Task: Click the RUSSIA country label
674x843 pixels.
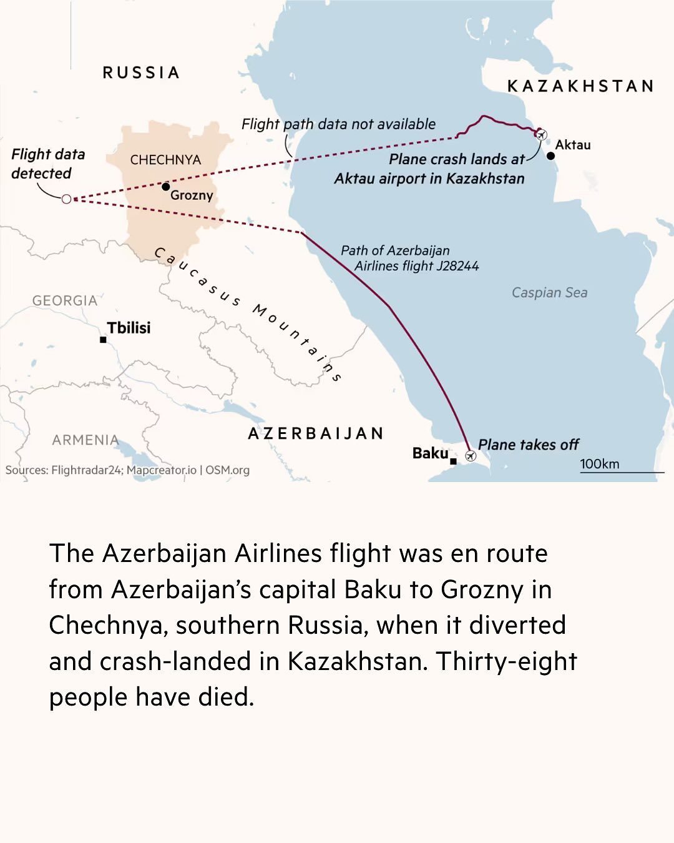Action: (141, 72)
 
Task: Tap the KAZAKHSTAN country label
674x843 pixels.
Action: (580, 86)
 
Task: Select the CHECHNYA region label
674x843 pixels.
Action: (165, 160)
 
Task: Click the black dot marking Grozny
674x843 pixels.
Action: (165, 186)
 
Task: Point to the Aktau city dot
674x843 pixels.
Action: (550, 155)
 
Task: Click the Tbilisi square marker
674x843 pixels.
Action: (103, 340)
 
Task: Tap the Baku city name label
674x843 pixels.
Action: (430, 453)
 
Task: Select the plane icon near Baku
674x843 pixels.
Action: (471, 456)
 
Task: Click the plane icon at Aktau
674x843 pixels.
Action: (541, 134)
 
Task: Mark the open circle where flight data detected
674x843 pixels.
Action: (66, 199)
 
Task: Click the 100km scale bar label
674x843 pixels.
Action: (599, 463)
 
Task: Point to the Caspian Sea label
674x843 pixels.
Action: (549, 292)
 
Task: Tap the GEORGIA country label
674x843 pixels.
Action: (65, 300)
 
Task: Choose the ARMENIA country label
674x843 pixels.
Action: (85, 440)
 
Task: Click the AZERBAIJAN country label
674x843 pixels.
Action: (316, 433)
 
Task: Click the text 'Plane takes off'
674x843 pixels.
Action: (528, 445)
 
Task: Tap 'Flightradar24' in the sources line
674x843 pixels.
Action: (87, 470)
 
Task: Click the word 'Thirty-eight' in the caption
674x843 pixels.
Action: (506, 661)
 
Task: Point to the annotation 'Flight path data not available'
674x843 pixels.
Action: (338, 124)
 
